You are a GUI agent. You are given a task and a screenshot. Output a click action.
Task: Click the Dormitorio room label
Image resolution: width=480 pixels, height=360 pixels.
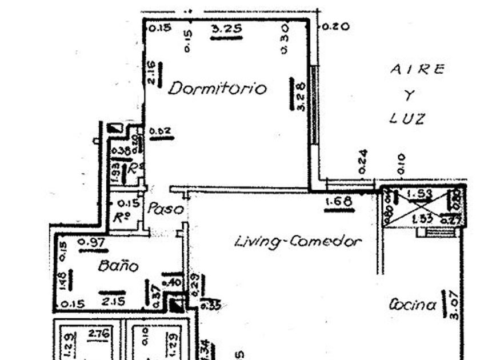pyautogui.click(x=218, y=89)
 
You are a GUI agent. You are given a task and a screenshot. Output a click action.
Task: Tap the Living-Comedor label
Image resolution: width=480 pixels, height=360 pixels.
pyautogui.click(x=298, y=242)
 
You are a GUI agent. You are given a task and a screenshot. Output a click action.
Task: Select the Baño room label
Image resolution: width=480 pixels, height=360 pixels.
pyautogui.click(x=118, y=266)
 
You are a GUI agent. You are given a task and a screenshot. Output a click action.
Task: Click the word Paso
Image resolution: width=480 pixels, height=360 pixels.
pyautogui.click(x=166, y=209)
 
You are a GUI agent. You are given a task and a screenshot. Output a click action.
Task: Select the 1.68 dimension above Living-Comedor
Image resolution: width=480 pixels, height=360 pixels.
pyautogui.click(x=339, y=202)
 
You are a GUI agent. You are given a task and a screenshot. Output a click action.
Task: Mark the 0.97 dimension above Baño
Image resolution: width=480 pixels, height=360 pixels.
pyautogui.click(x=91, y=242)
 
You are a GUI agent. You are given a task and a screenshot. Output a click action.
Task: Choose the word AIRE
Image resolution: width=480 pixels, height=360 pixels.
pyautogui.click(x=417, y=69)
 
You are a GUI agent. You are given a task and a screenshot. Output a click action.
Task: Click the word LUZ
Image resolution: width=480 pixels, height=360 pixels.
pyautogui.click(x=407, y=118)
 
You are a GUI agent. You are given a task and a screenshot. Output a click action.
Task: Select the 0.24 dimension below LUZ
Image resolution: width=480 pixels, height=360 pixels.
pyautogui.click(x=363, y=161)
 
